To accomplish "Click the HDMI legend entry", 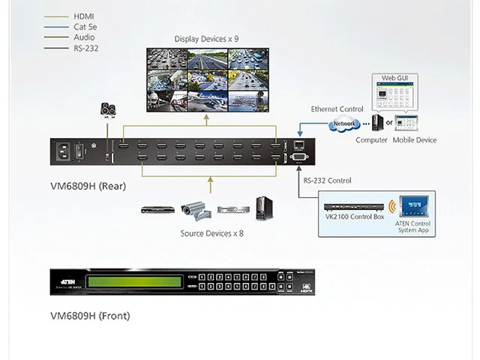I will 83,15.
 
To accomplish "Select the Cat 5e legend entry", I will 85,26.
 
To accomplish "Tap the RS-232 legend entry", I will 85,48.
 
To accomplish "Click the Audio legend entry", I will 84,37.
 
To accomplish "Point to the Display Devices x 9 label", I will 206,38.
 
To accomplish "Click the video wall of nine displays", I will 206,79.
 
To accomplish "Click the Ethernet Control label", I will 337,109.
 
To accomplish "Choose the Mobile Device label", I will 414,140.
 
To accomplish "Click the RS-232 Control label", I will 327,181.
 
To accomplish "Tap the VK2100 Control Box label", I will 354,217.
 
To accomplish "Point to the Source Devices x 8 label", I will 211,233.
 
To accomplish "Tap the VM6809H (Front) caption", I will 89,316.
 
